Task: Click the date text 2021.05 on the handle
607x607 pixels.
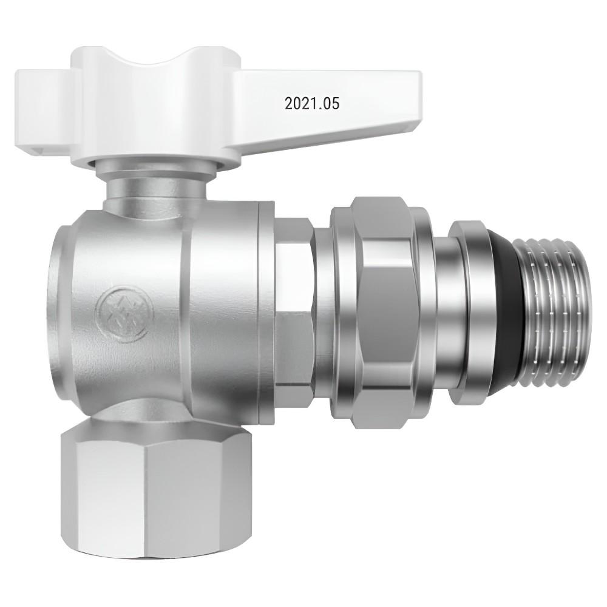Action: click(312, 103)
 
